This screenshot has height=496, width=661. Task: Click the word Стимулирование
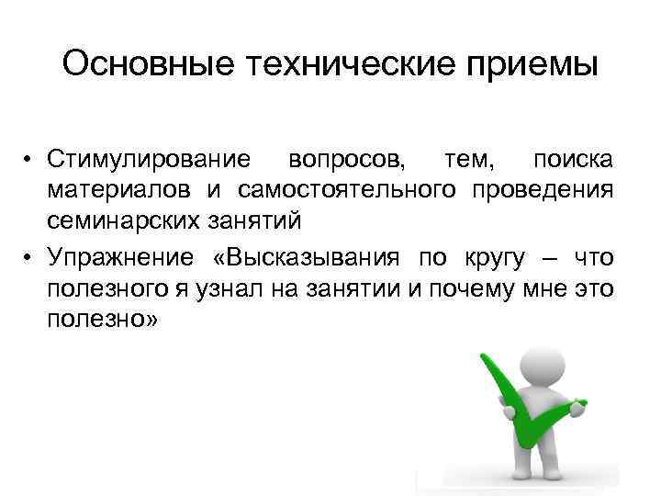point(150,160)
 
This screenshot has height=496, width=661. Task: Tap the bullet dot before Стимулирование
point(30,161)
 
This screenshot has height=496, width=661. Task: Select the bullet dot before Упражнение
point(30,258)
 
